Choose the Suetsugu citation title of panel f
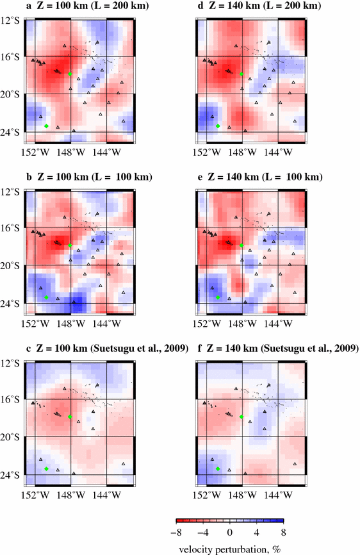tap(277, 348)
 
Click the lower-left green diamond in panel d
tap(218, 126)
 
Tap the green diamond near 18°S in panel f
tap(241, 417)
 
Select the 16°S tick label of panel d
tap(183, 57)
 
